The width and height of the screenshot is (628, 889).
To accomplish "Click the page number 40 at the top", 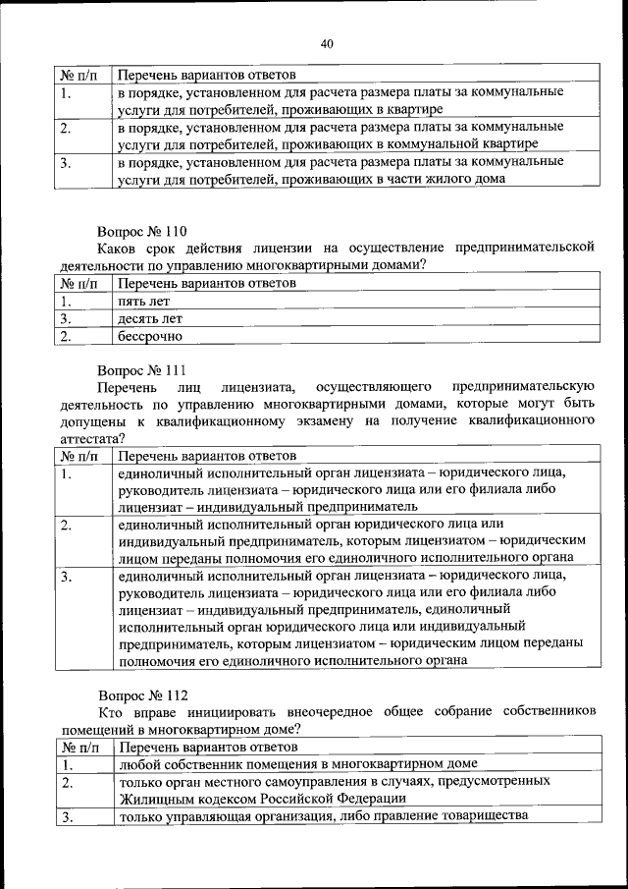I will [327, 42].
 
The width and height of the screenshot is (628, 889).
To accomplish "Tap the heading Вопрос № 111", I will [141, 371].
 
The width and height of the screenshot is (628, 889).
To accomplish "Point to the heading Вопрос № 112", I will [141, 694].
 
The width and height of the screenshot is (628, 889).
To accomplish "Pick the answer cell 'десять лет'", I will [149, 319].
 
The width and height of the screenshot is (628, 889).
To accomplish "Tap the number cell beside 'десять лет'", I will [65, 319].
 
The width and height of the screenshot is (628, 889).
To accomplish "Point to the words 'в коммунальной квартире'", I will [464, 143].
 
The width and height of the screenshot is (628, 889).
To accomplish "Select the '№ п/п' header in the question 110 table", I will [78, 284].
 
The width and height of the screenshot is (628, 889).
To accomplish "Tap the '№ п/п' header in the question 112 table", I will [78, 746].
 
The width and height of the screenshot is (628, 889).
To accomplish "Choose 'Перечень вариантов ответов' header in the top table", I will [206, 74].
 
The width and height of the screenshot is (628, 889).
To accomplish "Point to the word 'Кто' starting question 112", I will [107, 711].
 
